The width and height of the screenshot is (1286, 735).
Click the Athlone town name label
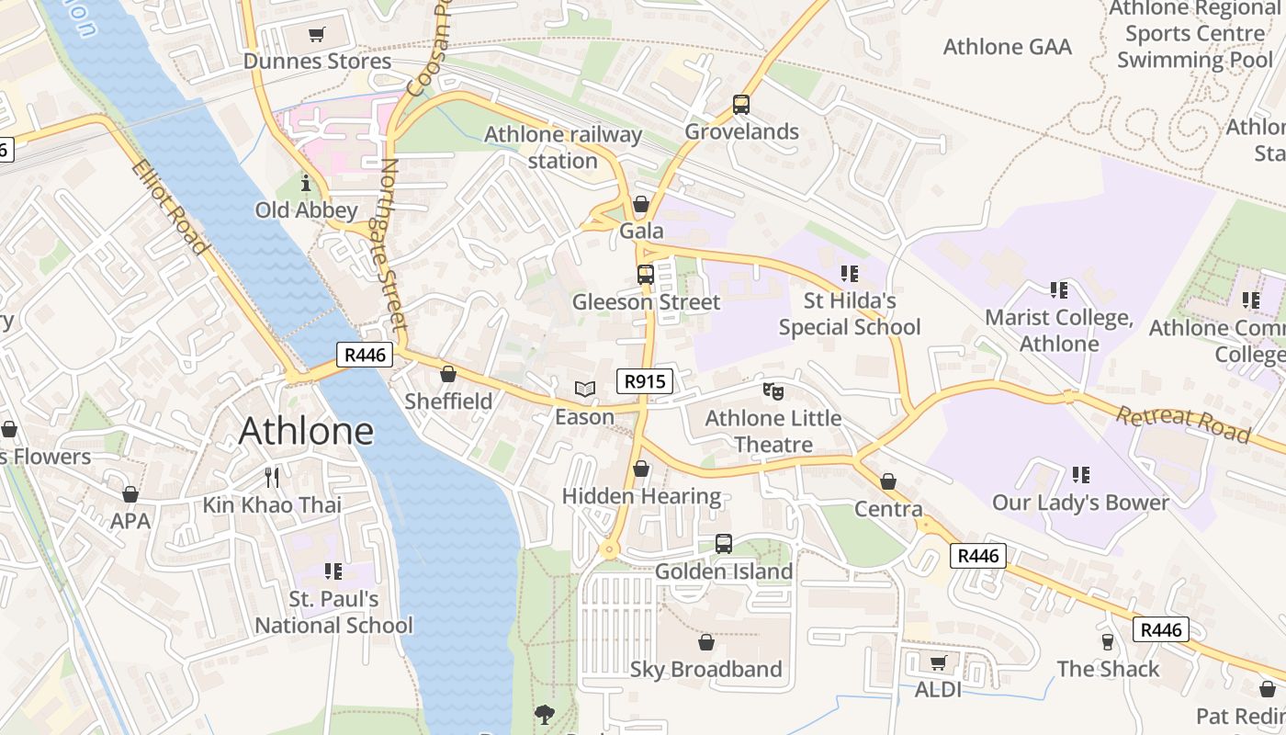tap(306, 431)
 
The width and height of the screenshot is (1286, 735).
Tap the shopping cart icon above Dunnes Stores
tap(317, 35)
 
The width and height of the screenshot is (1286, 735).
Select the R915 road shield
tap(644, 381)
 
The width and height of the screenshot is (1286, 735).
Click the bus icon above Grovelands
tap(741, 105)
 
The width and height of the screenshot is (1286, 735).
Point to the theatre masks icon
tap(773, 391)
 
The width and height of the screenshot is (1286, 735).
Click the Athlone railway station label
tap(563, 148)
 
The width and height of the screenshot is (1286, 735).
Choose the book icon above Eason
tap(585, 389)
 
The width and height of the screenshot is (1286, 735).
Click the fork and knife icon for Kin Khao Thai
tap(271, 477)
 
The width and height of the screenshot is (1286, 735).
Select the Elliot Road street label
tap(169, 207)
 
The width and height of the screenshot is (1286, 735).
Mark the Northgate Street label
tap(392, 245)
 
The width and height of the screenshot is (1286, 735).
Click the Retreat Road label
tap(1183, 424)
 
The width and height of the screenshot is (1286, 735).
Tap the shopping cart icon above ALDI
tap(938, 662)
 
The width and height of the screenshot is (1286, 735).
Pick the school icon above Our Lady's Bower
tap(1081, 475)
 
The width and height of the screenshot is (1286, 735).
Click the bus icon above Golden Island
tap(724, 544)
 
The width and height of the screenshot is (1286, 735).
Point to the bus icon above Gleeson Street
tap(646, 274)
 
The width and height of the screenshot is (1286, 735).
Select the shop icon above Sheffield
tap(448, 374)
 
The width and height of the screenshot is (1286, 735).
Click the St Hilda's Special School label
tap(850, 314)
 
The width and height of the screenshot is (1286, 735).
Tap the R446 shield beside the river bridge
tap(365, 355)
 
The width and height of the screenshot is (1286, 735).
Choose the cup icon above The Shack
tap(1108, 641)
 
